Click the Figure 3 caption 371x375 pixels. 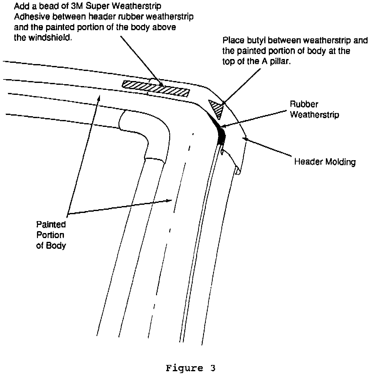[191, 368]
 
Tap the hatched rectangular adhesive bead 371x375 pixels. [156, 88]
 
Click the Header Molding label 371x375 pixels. [325, 162]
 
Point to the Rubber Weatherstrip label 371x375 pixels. [314, 109]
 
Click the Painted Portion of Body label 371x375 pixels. [51, 235]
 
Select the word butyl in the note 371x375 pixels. [256, 41]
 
